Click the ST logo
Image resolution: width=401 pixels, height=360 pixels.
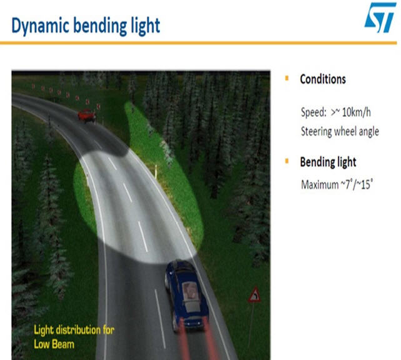tap(380, 18)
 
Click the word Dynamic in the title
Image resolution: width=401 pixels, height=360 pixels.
tap(41, 26)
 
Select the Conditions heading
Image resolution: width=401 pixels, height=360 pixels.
tap(323, 79)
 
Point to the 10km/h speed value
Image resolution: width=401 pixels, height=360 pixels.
tap(356, 112)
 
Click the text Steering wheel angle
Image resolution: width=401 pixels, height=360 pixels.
tap(340, 132)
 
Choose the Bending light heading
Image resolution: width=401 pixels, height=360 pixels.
tap(328, 162)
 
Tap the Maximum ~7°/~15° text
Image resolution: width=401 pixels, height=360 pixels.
tap(337, 184)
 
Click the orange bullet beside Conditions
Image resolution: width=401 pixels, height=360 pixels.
tap(287, 78)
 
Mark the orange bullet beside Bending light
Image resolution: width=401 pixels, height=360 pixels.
tap(287, 161)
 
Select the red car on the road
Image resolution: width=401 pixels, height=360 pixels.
tap(87, 116)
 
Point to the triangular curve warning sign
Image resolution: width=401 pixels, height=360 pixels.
tap(255, 294)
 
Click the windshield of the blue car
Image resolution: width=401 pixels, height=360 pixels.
tap(191, 291)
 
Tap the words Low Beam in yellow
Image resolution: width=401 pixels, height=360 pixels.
tap(54, 344)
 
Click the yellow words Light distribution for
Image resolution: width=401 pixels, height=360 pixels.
tap(74, 330)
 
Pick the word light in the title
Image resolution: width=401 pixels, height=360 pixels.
tap(145, 26)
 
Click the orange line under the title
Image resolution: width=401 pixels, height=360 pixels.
tap(198, 43)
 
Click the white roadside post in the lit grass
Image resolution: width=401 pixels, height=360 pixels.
tap(155, 171)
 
